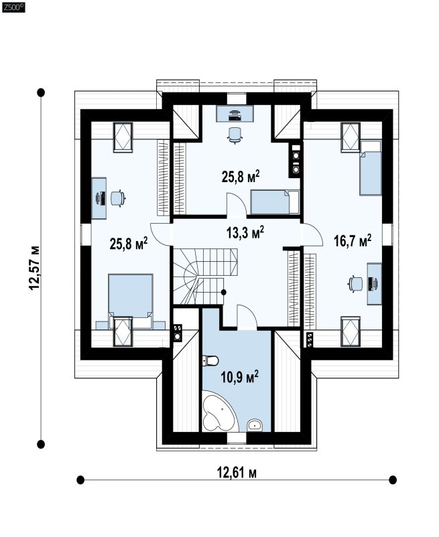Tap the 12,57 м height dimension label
click(x=35, y=268)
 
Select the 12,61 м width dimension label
click(x=237, y=473)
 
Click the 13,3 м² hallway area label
click(x=245, y=232)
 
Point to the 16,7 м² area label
click(x=353, y=241)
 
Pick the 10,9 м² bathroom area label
click(x=239, y=378)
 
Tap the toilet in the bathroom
click(x=210, y=361)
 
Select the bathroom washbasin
click(x=254, y=425)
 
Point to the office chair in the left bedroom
click(x=118, y=198)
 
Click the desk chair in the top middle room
click(x=235, y=135)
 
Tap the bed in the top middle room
click(x=275, y=202)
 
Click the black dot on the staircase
click(x=223, y=292)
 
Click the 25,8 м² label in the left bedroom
click(x=129, y=244)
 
